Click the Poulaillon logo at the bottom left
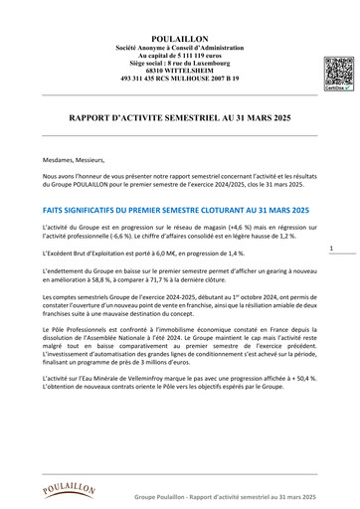tap(69, 488)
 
